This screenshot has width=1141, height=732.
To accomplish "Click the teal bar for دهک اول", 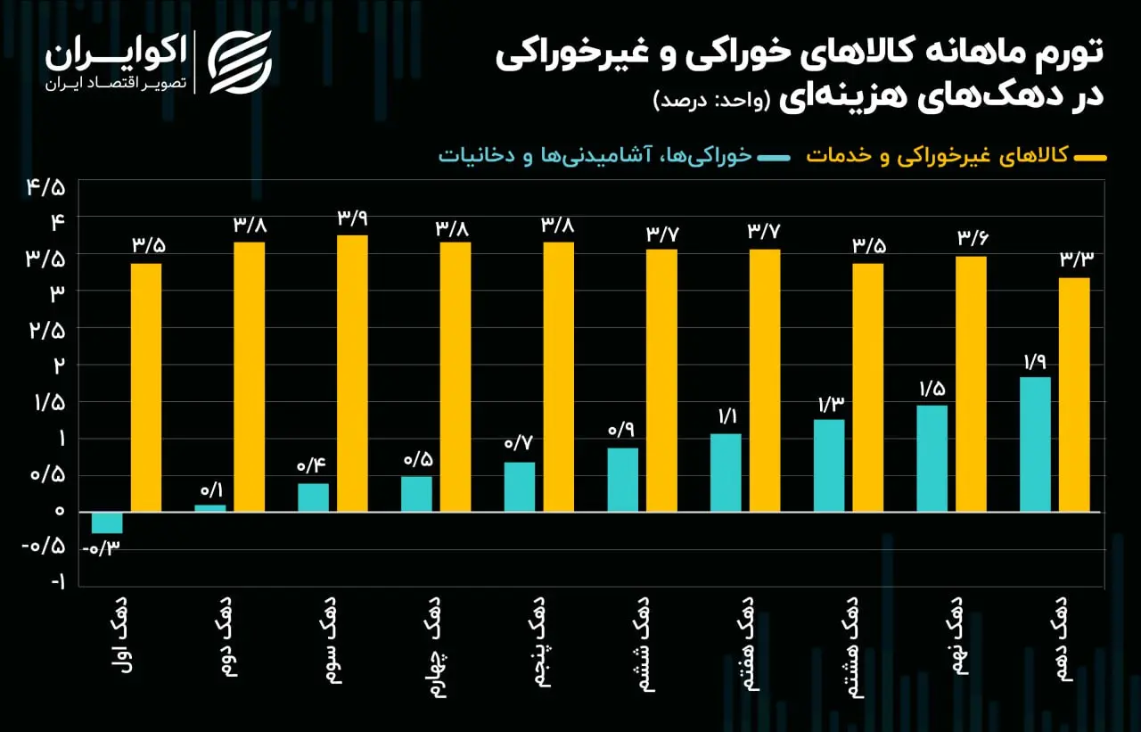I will tap(107, 522).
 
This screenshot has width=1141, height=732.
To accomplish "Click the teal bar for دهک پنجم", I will tap(520, 487).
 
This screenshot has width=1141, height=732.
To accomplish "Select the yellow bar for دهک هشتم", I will tap(867, 387).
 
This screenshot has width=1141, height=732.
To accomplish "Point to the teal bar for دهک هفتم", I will tap(726, 473).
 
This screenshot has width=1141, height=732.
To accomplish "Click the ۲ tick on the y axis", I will tap(59, 364).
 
